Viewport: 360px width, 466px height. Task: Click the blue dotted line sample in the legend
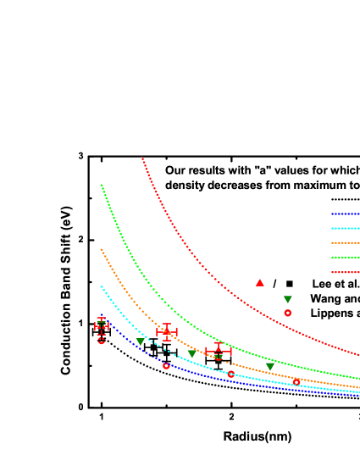345,214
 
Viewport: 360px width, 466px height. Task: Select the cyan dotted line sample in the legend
345,228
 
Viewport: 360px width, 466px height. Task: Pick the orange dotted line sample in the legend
345,242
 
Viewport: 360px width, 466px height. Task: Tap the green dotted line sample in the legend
345,257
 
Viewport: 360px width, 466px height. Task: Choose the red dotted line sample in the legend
345,272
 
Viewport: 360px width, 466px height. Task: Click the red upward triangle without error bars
260,282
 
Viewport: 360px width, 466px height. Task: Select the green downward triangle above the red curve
288,299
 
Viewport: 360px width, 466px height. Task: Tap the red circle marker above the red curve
288,313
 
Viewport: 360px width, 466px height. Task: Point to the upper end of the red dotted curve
142,158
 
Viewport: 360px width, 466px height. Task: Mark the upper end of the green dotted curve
101,185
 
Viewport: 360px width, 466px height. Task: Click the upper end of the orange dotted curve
101,249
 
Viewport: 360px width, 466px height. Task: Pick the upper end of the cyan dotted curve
101,286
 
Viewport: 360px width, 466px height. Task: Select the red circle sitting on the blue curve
166,365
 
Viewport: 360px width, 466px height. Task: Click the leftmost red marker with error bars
102,325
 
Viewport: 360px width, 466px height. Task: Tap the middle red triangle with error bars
166,331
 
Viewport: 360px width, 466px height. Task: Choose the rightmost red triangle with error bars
219,349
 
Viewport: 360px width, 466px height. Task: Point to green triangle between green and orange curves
270,366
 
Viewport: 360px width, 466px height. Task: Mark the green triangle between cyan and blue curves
140,342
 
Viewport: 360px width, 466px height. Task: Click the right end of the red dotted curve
358,355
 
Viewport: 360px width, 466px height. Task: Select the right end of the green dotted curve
358,378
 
